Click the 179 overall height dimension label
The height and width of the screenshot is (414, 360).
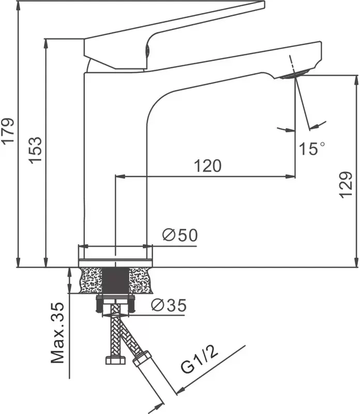8,130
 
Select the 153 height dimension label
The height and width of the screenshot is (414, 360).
35,150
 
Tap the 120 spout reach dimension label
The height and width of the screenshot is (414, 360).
208,166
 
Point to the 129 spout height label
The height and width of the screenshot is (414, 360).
346,185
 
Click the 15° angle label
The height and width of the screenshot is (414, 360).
312,149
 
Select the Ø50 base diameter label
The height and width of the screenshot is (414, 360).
180,235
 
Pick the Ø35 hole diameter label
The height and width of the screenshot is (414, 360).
169,305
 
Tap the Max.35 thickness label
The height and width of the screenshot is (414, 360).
57,333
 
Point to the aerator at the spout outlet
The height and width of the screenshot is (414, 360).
293,74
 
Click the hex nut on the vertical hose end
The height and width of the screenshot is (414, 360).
115,360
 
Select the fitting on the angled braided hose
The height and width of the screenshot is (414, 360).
142,359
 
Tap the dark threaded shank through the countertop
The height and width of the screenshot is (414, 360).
115,280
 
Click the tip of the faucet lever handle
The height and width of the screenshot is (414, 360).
264,4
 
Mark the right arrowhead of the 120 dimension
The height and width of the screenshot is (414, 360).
291,176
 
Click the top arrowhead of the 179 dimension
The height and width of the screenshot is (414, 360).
18,6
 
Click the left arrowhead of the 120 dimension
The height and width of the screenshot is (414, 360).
120,176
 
